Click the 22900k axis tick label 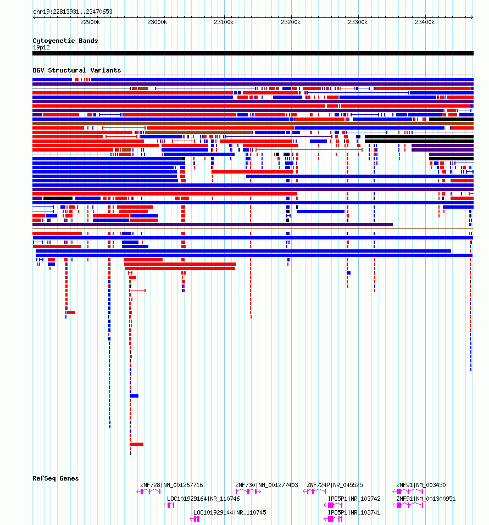pos(90,22)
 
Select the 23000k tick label pos(157,22)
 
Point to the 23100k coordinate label pos(224,22)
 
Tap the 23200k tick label pos(291,22)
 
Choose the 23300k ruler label pos(358,22)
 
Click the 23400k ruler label pos(425,22)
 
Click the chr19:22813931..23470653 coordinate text pos(73,12)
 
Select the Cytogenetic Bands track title pos(65,41)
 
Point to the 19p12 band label pos(41,48)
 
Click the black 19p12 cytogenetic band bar pos(253,53)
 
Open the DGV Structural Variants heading pos(77,70)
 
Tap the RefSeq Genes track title pos(55,478)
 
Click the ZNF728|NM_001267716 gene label pos(171,485)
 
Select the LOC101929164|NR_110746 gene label pos(203,499)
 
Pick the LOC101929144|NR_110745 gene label pos(230,512)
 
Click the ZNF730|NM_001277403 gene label pos(266,485)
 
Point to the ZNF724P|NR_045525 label pos(335,485)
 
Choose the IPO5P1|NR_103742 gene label pos(354,499)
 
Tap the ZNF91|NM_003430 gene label pos(421,485)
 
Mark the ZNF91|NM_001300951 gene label pos(426,499)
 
